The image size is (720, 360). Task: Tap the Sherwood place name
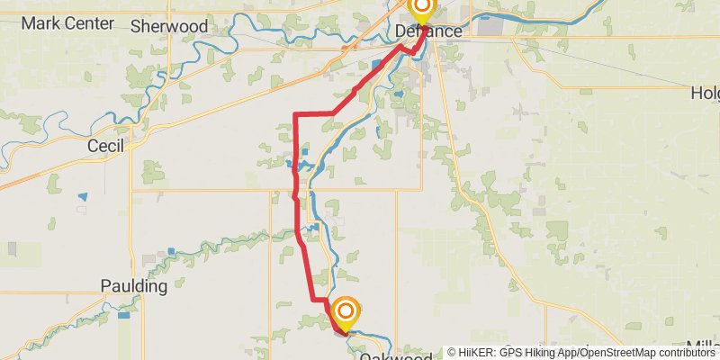click(169, 27)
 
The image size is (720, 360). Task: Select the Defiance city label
click(428, 31)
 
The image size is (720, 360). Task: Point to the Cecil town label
click(104, 145)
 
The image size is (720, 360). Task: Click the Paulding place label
click(134, 287)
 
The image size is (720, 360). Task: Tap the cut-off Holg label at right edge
click(705, 93)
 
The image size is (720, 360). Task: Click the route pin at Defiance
click(421, 8)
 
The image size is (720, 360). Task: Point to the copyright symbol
click(452, 353)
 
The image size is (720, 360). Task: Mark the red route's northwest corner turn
click(297, 114)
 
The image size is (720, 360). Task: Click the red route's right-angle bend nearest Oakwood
click(313, 298)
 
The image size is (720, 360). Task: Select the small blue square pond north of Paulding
click(171, 252)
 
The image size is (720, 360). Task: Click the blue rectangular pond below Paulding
click(123, 315)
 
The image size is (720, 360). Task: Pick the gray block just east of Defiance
click(490, 28)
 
